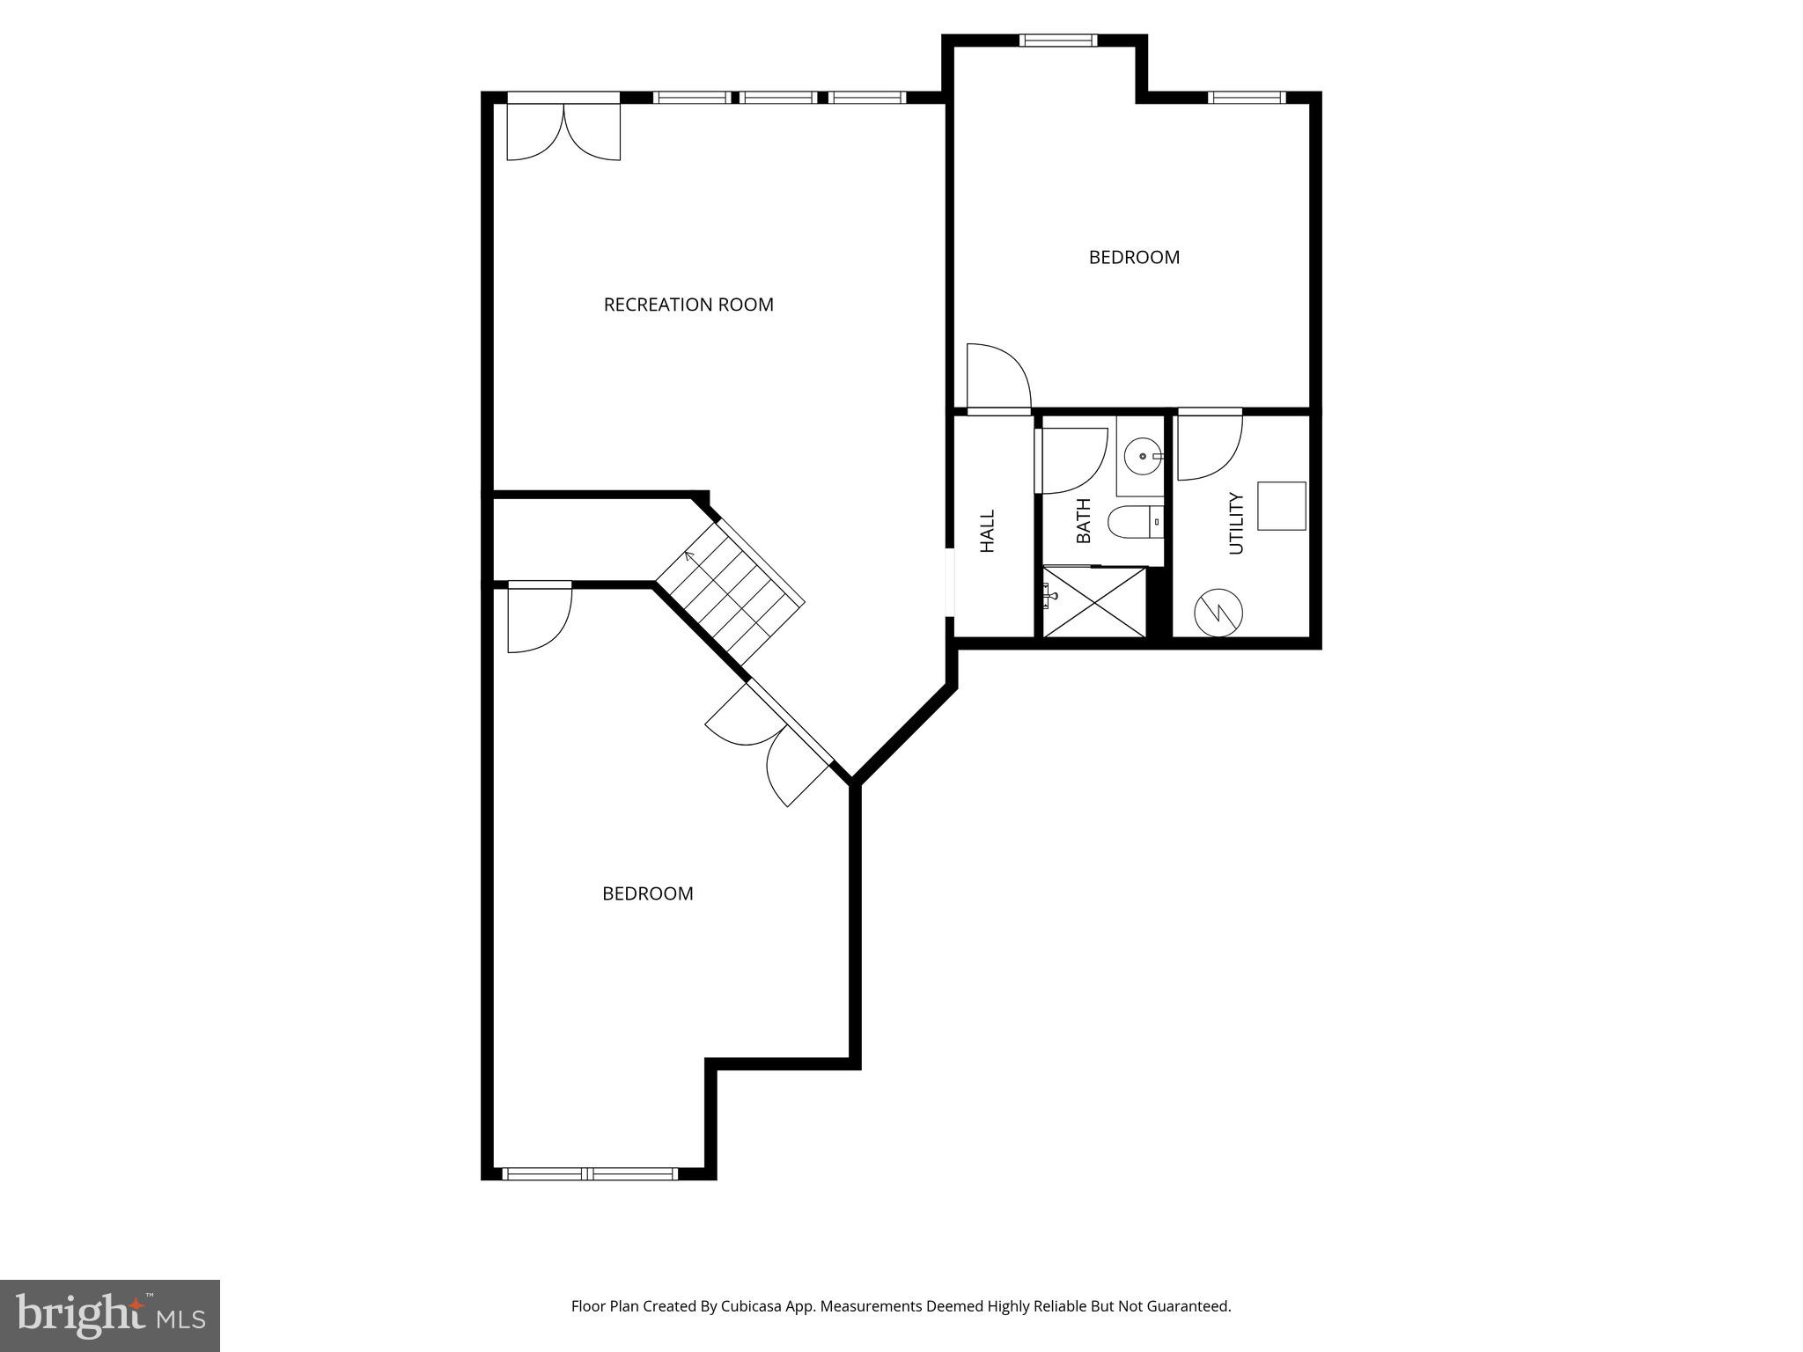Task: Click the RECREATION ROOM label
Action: pyautogui.click(x=688, y=305)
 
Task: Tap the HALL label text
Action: pyautogui.click(x=987, y=531)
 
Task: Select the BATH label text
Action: pyautogui.click(x=1083, y=520)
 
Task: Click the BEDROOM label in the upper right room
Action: pyautogui.click(x=1134, y=257)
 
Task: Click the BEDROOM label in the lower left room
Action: pyautogui.click(x=647, y=893)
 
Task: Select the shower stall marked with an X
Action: pyautogui.click(x=1095, y=602)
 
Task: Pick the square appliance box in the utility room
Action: pyautogui.click(x=1281, y=506)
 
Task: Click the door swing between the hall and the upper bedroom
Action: pyautogui.click(x=997, y=378)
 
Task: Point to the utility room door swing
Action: pyautogui.click(x=1208, y=447)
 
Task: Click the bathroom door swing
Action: pyautogui.click(x=1071, y=460)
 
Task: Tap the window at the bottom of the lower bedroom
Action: pyautogui.click(x=590, y=1173)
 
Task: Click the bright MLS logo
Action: pyautogui.click(x=110, y=1315)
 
